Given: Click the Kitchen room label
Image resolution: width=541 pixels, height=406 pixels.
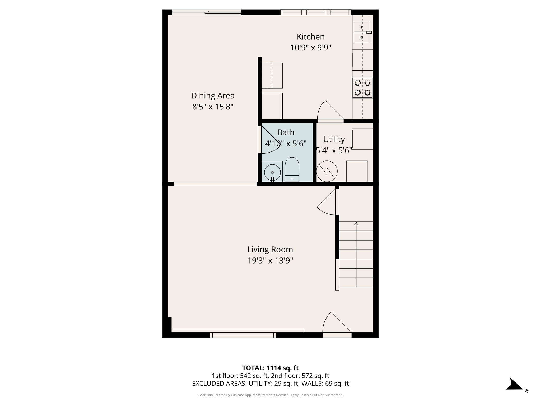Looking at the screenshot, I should point(310,36).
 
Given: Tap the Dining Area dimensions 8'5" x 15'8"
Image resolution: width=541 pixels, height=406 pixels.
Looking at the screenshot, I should point(213,107).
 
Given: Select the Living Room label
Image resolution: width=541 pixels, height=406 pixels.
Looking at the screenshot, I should point(270,250).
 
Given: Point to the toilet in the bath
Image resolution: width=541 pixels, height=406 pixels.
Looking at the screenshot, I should point(292,169).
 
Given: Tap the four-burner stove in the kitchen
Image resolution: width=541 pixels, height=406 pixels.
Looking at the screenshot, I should point(362,88).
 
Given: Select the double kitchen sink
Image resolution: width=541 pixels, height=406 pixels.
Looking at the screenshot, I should point(362,32).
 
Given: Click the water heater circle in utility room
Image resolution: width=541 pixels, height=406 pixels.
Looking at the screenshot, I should point(327,171).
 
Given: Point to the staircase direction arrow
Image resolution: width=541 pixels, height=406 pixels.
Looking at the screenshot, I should point(356,224).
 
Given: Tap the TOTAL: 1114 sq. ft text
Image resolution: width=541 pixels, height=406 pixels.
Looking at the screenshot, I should point(270,368).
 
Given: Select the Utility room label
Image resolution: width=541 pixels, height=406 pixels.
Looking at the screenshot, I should point(334,139).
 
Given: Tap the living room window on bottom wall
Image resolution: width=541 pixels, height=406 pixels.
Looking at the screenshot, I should point(243,335).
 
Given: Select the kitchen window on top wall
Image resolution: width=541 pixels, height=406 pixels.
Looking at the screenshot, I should point(316,12).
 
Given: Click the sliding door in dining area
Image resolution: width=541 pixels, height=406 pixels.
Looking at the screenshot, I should point(207,12).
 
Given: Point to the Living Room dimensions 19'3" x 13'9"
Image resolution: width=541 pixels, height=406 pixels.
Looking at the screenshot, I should point(270,261).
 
